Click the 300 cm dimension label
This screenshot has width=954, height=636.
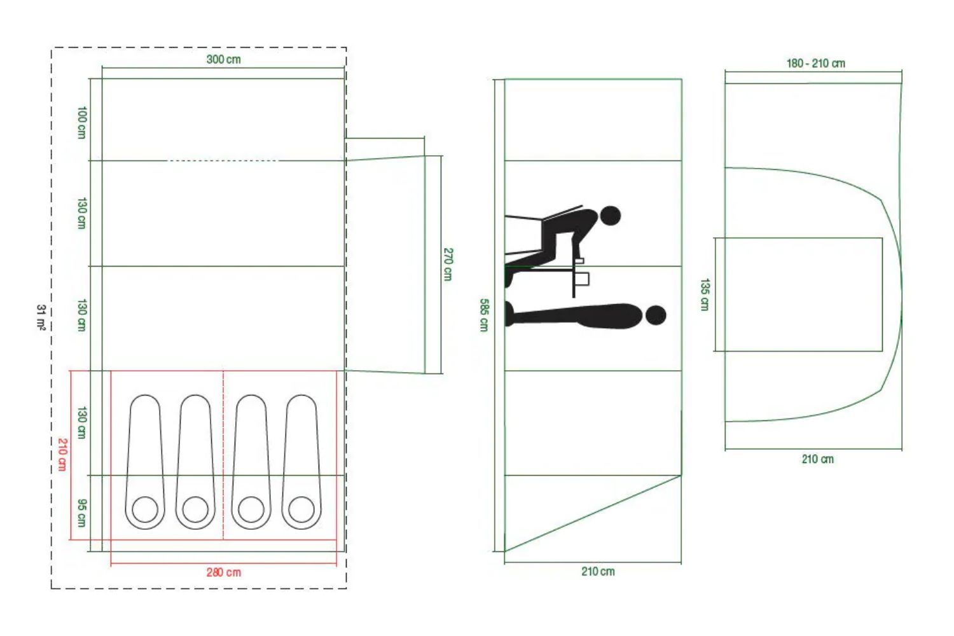[x=224, y=60]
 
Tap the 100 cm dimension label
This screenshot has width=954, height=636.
[x=81, y=123]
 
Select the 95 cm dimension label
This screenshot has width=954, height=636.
[x=81, y=513]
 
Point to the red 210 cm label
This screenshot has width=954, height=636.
[x=62, y=455]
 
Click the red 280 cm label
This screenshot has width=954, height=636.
[x=224, y=572]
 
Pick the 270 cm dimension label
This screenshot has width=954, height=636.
[x=448, y=264]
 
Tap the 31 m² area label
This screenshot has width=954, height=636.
[x=41, y=317]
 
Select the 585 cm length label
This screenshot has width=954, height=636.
[x=484, y=315]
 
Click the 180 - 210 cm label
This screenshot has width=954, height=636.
[x=815, y=64]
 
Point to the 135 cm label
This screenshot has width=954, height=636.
[x=705, y=294]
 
